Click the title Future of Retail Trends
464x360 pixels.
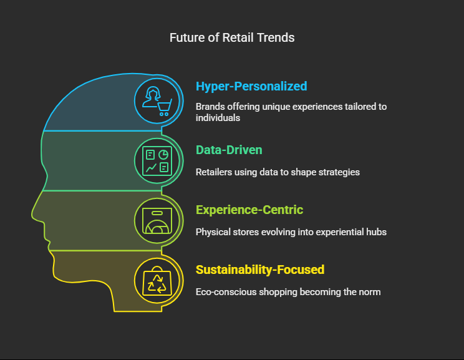232,38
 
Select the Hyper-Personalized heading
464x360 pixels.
251,87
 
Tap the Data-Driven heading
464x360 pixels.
229,150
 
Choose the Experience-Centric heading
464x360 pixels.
249,210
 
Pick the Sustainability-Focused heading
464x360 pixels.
260,270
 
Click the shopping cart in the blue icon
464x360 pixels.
165,108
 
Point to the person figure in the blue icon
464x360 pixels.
151,97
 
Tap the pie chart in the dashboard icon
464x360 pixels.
163,155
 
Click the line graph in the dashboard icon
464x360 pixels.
151,168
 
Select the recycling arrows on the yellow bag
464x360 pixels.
157,284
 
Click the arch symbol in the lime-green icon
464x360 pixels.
157,226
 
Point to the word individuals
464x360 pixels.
218,118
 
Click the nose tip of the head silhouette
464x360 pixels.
32,216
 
